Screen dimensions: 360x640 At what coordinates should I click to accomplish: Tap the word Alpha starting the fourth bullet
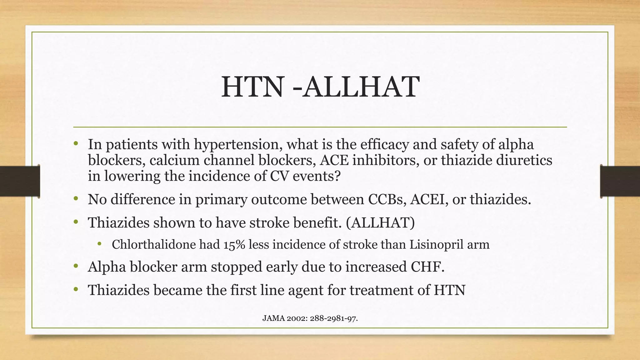click(107, 267)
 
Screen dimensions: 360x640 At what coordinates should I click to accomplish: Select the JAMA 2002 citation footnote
click(310, 318)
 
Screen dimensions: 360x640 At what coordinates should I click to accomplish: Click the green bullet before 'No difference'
click(76, 199)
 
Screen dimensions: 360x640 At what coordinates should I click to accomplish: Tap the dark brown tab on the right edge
click(620, 181)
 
